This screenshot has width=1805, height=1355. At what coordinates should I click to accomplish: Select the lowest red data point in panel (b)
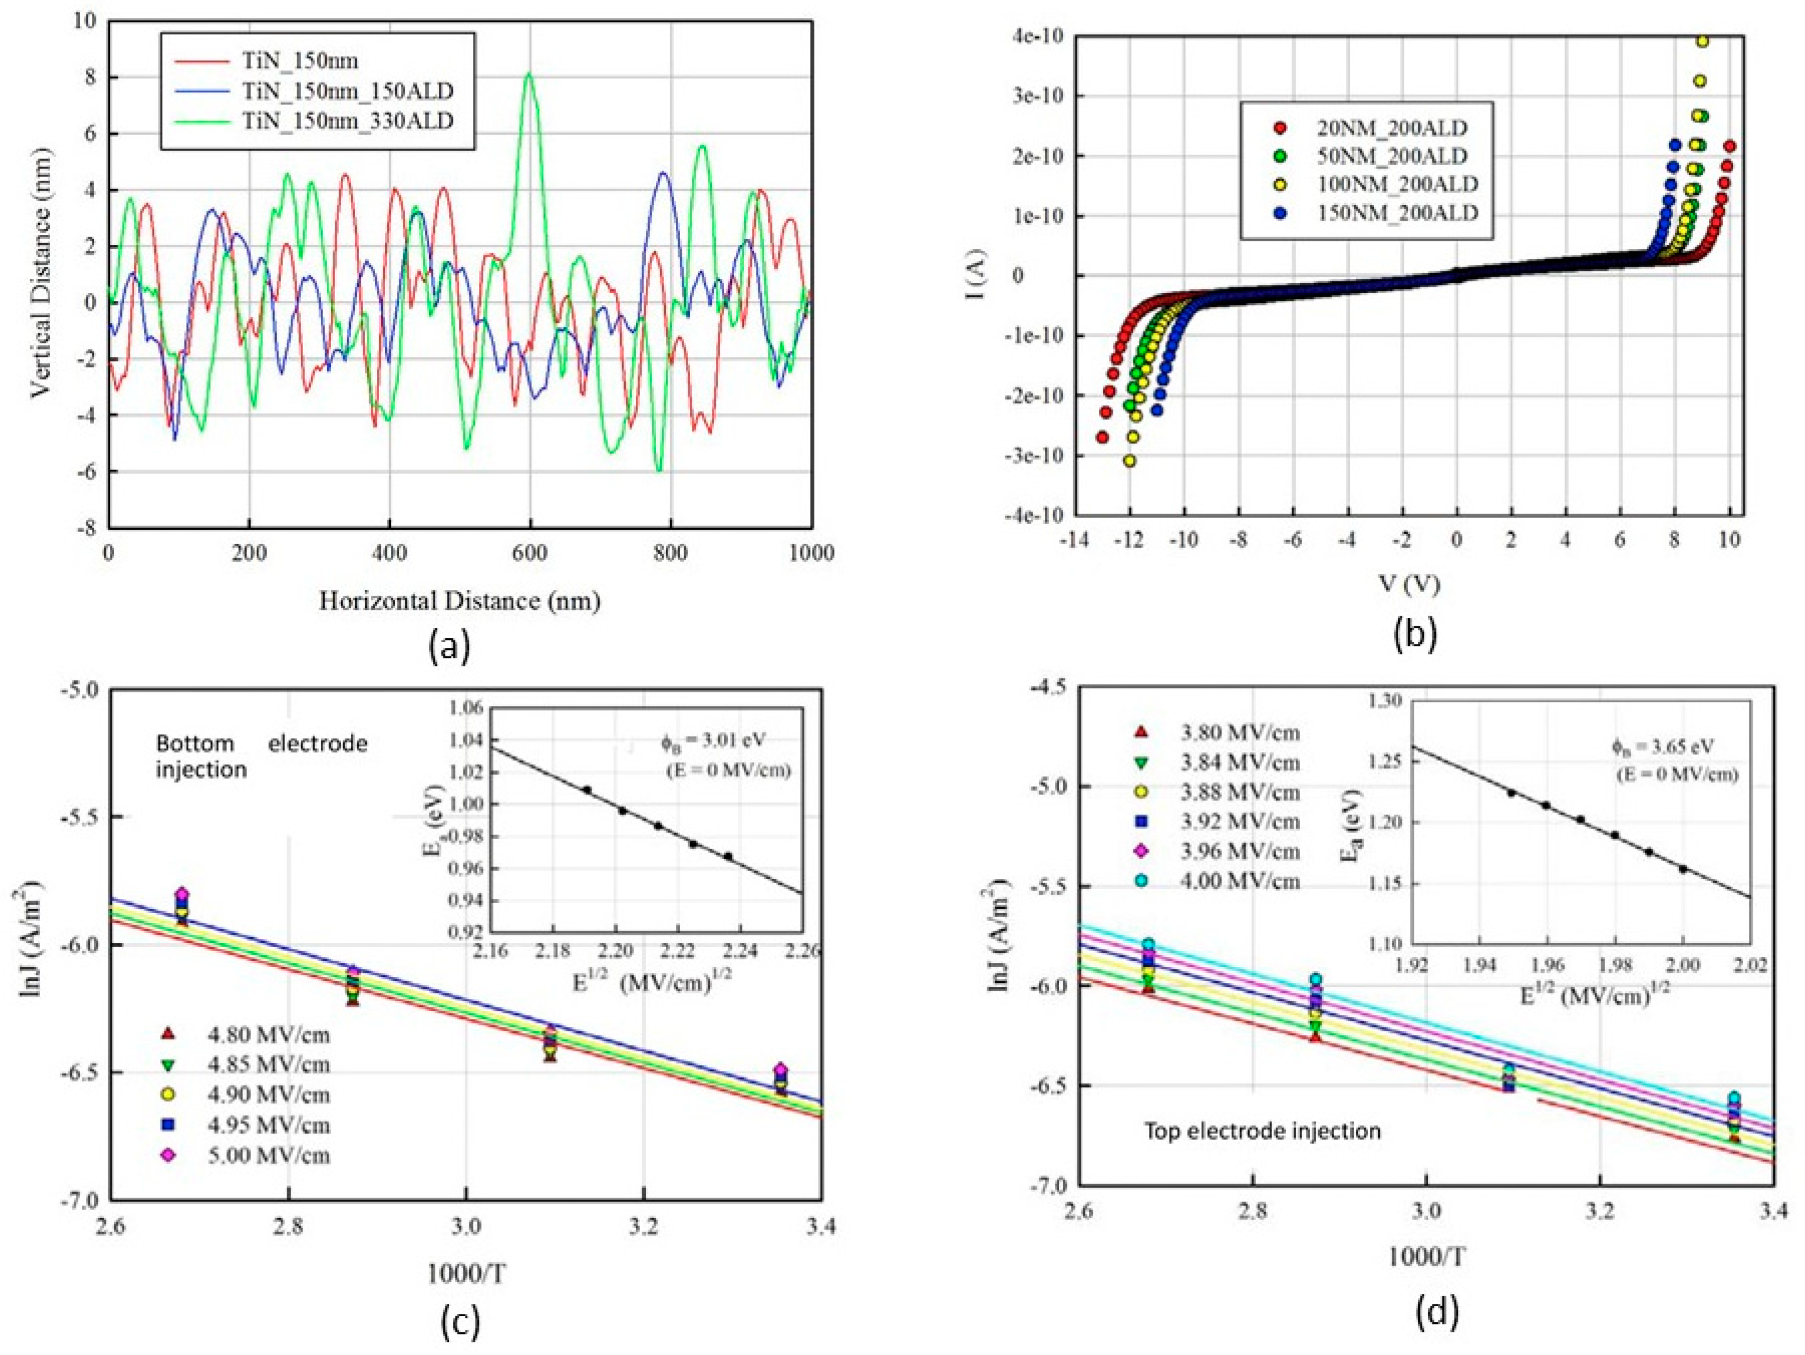point(1103,437)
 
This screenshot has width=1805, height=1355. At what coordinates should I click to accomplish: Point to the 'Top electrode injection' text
point(1262,1131)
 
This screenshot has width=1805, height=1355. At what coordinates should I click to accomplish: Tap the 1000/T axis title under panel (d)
point(1426,1257)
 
